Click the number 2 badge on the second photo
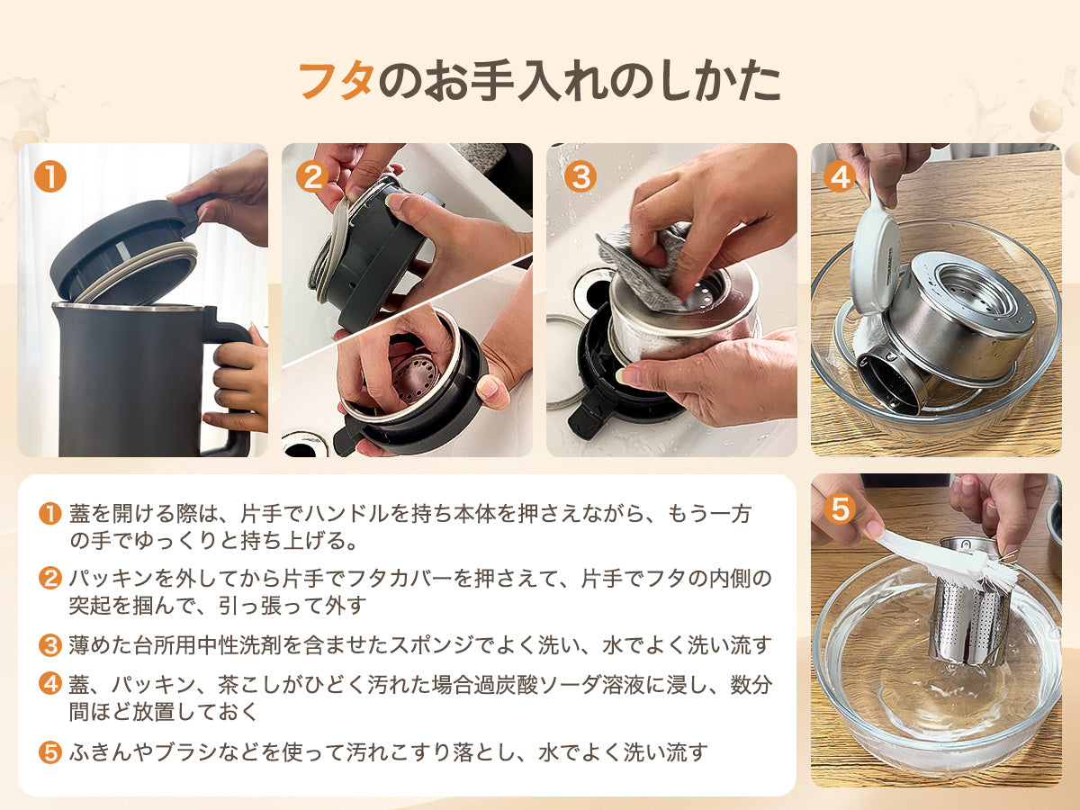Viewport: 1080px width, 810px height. point(311,176)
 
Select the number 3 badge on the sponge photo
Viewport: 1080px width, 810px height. point(580,176)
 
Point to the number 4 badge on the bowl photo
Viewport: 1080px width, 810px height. point(839,176)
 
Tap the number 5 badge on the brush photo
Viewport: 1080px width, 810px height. point(839,509)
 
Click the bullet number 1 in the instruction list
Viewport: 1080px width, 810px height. point(49,515)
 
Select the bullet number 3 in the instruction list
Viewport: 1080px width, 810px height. point(49,644)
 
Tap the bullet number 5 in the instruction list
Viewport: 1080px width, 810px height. point(49,752)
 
